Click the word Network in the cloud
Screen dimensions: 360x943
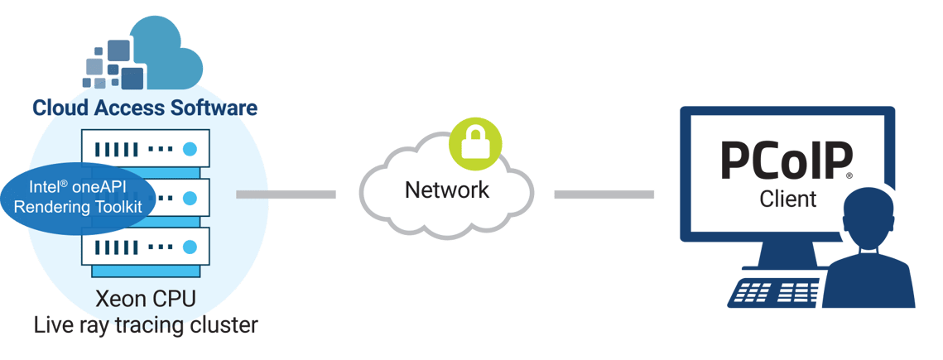446,190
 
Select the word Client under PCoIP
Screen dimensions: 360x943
787,199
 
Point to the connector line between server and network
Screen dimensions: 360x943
286,194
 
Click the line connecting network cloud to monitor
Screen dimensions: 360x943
604,194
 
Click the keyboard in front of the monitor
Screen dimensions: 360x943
774,292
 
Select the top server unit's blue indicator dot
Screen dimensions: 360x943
190,150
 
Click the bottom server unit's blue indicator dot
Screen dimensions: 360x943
190,247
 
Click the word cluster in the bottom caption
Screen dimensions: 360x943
224,325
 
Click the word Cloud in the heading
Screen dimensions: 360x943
59,108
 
